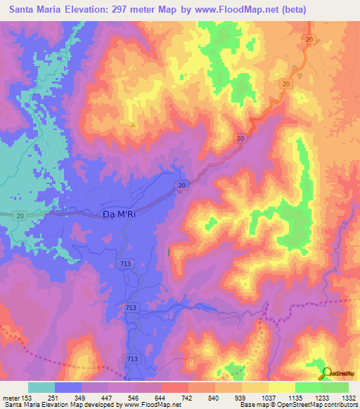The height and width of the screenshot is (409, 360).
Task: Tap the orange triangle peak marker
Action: [x=133, y=125]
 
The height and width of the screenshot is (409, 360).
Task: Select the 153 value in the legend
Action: [x=27, y=397]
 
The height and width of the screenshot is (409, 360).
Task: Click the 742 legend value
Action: [x=187, y=397]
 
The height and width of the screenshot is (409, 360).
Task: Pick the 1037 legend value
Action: [x=267, y=397]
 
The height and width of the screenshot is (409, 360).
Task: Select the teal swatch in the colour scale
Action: [x=41, y=387]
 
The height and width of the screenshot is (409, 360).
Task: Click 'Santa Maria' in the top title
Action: [x=36, y=10]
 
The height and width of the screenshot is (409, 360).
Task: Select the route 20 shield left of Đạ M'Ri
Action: [x=20, y=215]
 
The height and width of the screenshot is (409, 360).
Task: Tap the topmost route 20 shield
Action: [x=309, y=40]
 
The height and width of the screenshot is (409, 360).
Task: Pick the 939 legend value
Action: [x=240, y=397]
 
